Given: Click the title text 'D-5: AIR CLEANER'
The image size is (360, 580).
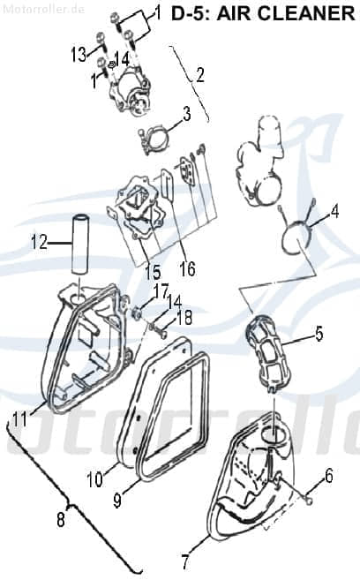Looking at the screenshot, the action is pos(263,14).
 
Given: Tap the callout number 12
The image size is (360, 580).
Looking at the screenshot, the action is pos(39,243).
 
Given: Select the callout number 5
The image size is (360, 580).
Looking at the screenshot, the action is pos(319,333).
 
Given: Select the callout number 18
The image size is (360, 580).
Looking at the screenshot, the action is pos(184,318).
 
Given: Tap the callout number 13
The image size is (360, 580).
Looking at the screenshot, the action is pos(79,55).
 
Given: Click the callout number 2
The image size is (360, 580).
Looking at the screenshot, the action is pos(200,75).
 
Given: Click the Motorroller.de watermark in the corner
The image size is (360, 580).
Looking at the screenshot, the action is pos(43,9).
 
